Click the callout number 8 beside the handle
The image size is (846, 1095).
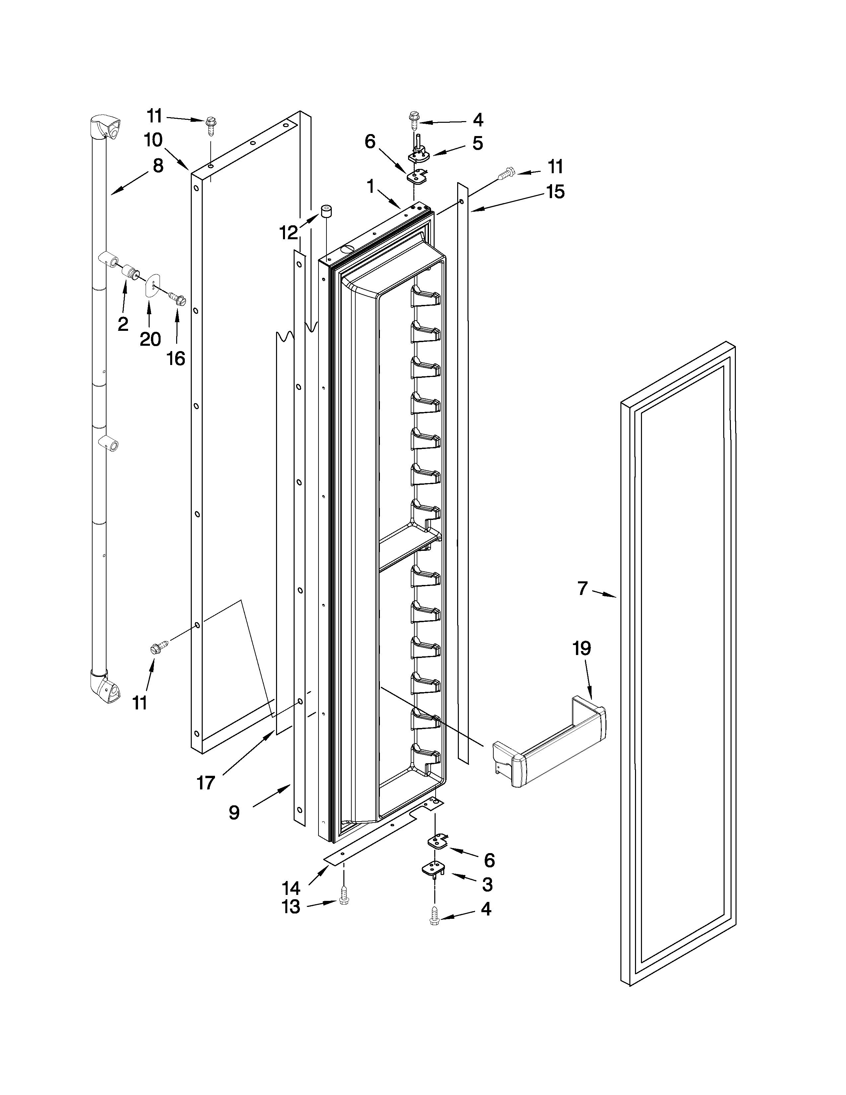(158, 166)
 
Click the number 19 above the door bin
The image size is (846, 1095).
(582, 648)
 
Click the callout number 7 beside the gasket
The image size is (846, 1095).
(582, 588)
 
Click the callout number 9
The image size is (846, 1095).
(234, 813)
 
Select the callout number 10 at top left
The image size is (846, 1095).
(153, 140)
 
